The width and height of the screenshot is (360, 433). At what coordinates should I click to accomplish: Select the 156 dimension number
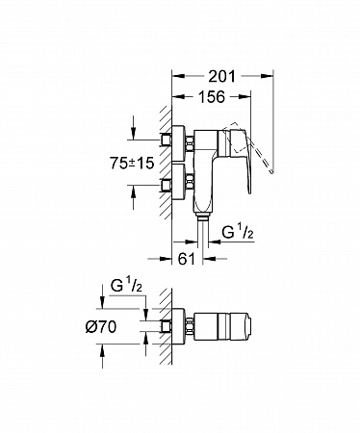point(211,97)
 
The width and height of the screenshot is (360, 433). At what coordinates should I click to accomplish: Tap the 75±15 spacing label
point(132,164)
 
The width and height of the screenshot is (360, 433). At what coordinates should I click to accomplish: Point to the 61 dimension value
point(187,259)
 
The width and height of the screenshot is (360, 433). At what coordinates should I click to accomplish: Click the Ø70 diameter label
point(101,327)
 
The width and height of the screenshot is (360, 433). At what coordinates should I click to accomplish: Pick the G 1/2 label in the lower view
point(126,285)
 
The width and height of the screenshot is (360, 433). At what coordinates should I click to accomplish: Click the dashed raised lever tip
point(272,171)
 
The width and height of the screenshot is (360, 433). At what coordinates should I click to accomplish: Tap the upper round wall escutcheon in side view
point(178,143)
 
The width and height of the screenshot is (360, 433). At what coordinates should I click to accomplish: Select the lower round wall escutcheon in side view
point(178,182)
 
